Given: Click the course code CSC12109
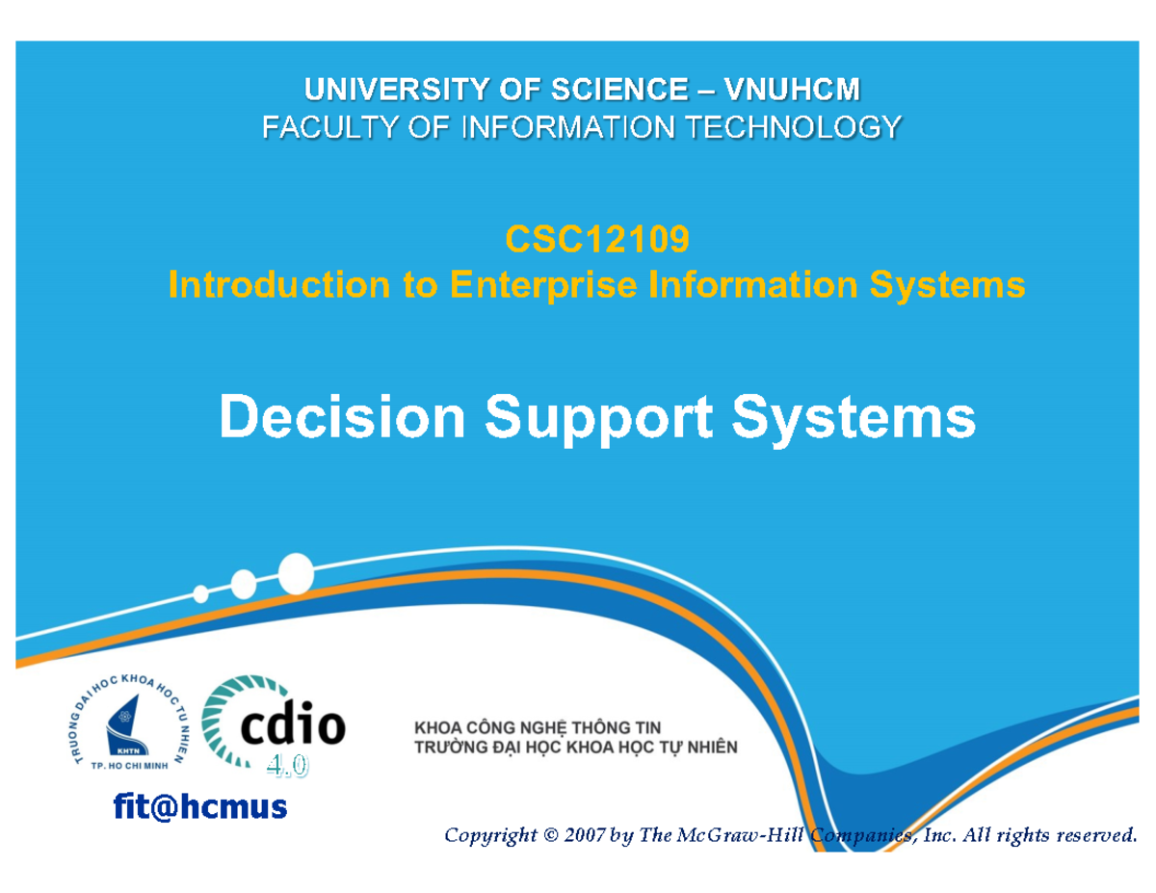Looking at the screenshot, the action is (x=597, y=239).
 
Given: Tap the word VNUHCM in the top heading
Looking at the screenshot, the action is (x=792, y=90).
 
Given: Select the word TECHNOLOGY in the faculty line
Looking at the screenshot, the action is (x=793, y=128).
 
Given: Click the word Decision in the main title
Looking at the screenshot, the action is (x=342, y=416).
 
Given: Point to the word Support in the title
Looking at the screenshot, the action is (x=598, y=420).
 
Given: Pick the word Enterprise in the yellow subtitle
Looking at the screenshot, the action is (x=543, y=285).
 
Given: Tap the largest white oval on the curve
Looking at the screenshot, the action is (x=296, y=573).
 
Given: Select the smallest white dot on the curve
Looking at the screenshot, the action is (x=200, y=593).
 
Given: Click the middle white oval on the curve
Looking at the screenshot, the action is (x=244, y=584).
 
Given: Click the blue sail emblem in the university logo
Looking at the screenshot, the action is (x=126, y=726).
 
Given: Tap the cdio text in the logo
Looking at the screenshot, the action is (x=293, y=724).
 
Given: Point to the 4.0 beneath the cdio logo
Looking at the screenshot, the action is (x=287, y=767).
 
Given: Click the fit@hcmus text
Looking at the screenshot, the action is (x=200, y=806).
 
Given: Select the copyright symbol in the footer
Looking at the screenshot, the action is (x=551, y=835).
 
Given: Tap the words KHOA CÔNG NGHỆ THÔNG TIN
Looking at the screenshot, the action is (x=538, y=727).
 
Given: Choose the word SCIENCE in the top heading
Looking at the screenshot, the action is (x=619, y=90).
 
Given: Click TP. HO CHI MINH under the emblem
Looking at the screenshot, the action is (x=129, y=766).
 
